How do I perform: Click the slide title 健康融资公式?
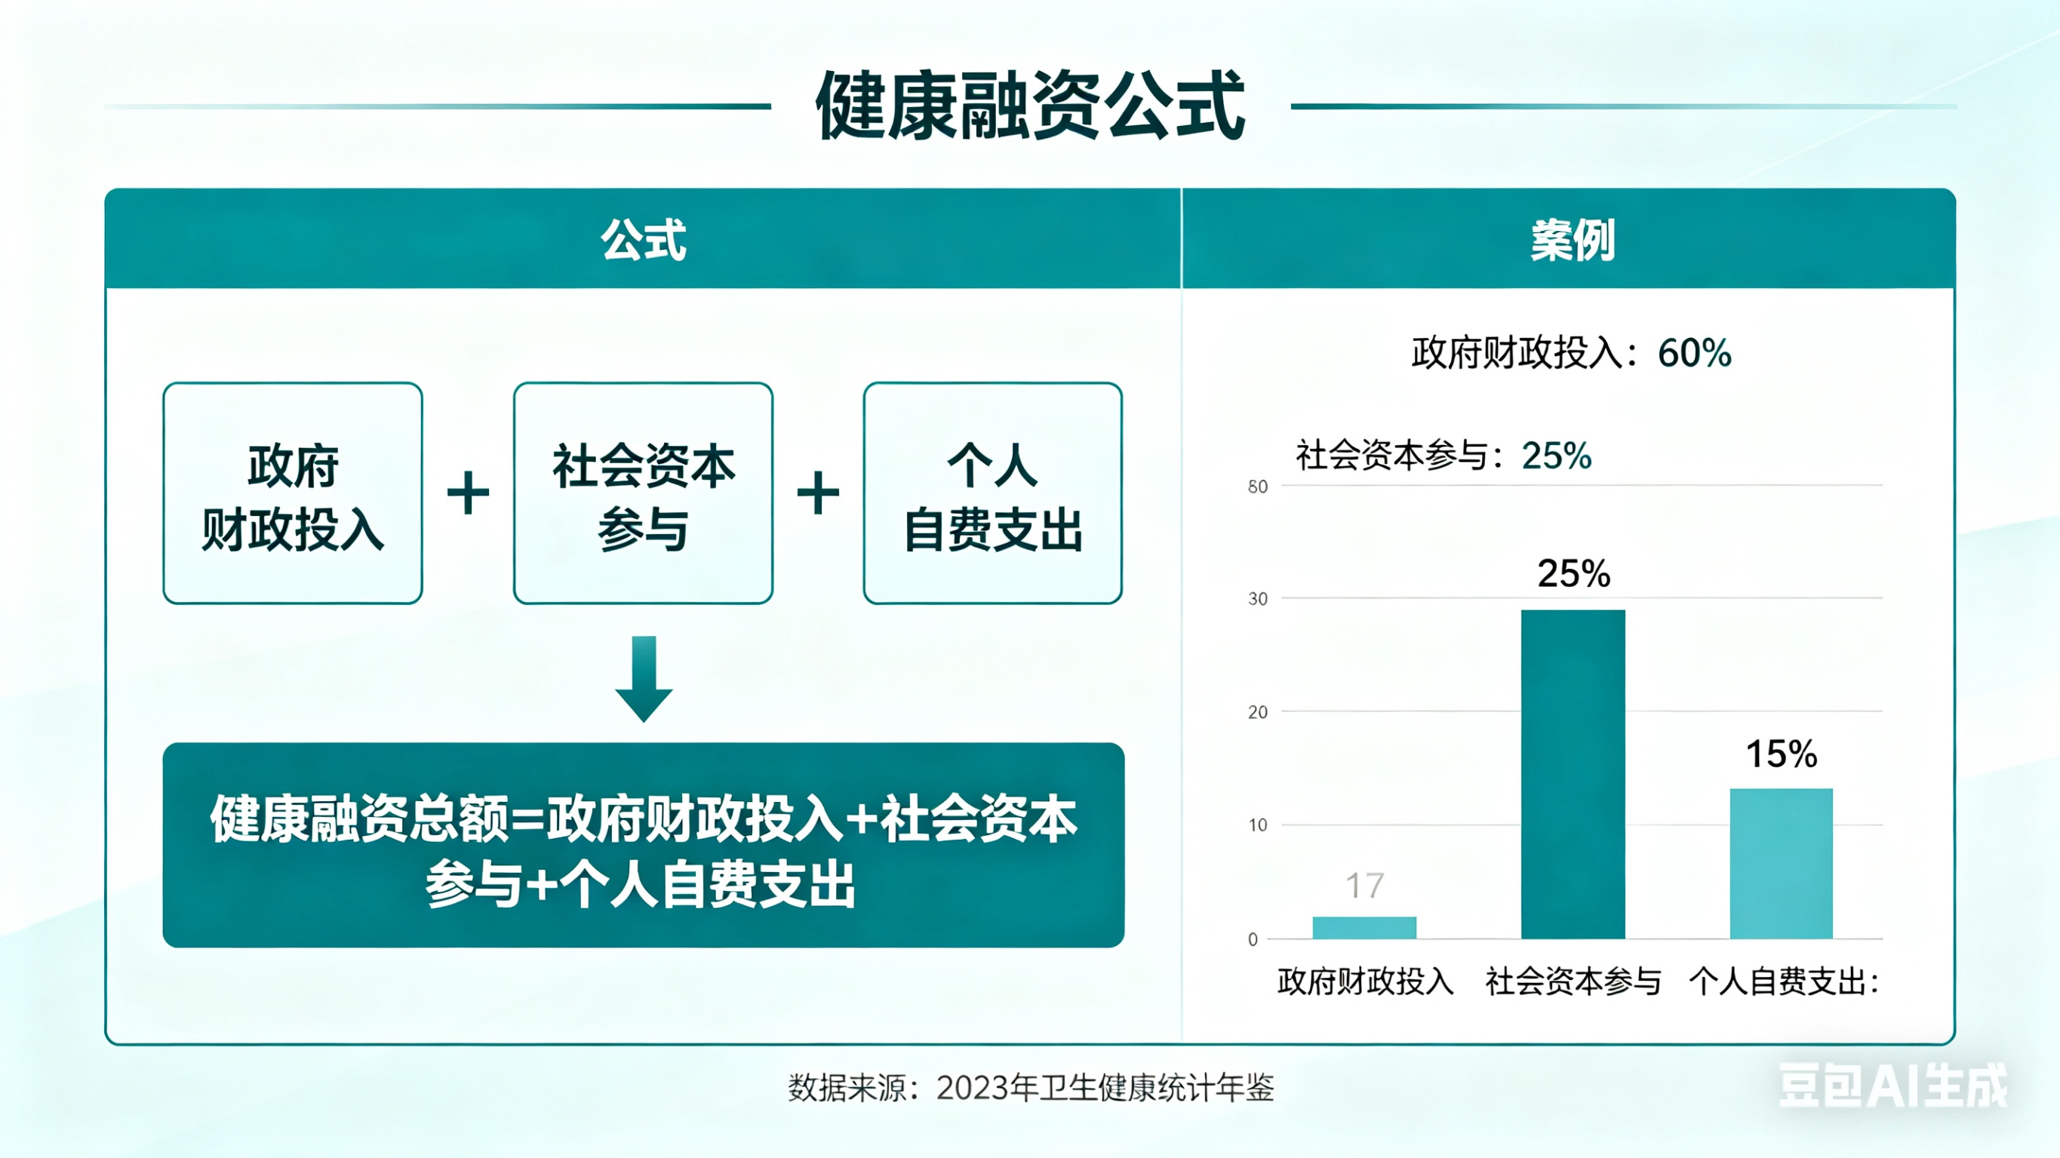pos(1030,106)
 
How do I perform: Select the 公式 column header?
pos(643,239)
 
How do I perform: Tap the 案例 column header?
pos(1573,239)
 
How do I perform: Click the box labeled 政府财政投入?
pos(293,493)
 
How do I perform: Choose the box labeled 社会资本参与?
pos(643,493)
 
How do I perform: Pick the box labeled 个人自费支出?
pos(992,493)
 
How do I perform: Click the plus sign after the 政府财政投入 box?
pos(468,493)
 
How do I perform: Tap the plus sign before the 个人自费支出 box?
pos(818,493)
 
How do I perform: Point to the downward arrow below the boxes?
pos(644,678)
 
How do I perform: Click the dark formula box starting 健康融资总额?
pos(643,846)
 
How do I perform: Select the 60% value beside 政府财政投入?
pos(1695,352)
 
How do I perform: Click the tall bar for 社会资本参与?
pos(1573,773)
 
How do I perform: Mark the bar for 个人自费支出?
pos(1782,863)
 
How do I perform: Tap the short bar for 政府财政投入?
pos(1364,928)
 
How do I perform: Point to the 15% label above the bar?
pos(1782,754)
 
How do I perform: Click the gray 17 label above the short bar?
pos(1364,886)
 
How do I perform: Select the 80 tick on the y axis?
pos(1257,487)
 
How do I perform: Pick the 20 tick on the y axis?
pos(1257,711)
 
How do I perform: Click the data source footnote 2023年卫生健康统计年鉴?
pos(1030,1088)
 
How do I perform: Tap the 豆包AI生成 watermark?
pos(1892,1086)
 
